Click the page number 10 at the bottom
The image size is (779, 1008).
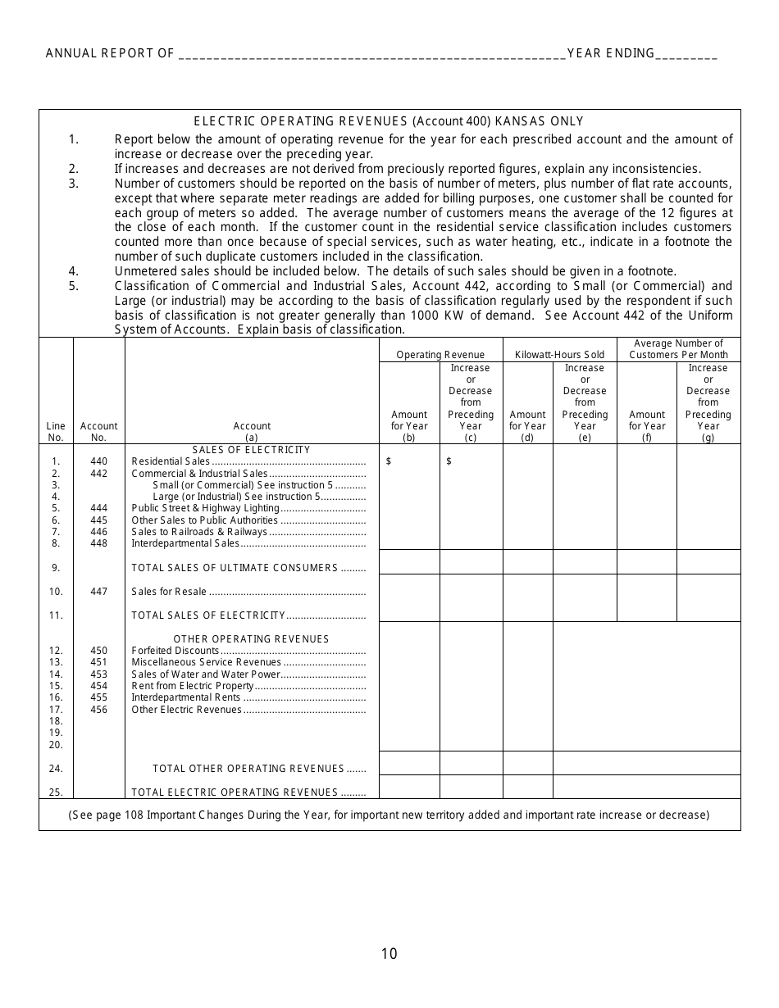click(x=389, y=953)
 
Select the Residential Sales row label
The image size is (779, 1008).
click(x=171, y=461)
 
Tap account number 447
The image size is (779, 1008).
click(x=98, y=592)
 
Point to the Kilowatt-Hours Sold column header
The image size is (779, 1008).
click(x=559, y=355)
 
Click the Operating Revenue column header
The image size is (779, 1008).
click(x=440, y=355)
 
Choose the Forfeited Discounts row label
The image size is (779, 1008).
click(x=175, y=651)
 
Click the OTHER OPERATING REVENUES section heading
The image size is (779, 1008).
click(x=251, y=639)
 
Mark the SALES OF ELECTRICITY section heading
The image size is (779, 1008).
click(x=251, y=450)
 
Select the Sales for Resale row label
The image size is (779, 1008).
click(x=169, y=592)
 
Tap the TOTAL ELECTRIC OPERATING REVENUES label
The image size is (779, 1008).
click(x=235, y=792)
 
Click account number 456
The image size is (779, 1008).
click(x=98, y=710)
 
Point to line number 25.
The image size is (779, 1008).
click(x=56, y=792)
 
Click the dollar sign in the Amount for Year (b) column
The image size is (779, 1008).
click(x=389, y=461)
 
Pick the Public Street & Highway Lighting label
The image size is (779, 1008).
click(x=206, y=508)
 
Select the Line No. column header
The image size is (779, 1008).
click(x=56, y=431)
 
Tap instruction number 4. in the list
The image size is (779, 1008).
click(x=74, y=271)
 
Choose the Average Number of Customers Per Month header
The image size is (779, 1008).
click(x=678, y=349)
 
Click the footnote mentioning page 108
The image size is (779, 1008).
click(x=389, y=815)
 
